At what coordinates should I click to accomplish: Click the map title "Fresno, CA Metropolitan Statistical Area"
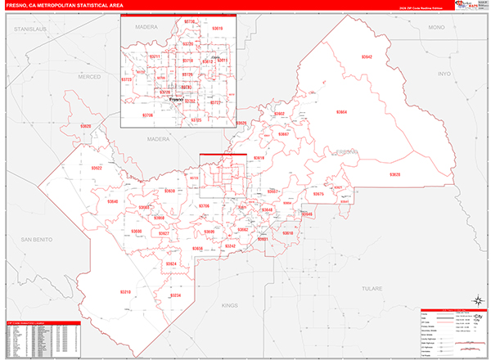pos(65,6)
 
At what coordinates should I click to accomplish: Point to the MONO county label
pos(435,28)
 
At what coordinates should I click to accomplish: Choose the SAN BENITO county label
pos(37,240)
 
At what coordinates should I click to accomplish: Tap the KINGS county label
pos(227,304)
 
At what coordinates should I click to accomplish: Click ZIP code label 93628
pos(395,175)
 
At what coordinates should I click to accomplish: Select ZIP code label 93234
pos(174,295)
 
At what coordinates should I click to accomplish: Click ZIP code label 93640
pos(111,201)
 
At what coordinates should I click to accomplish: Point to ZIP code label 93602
pos(279,114)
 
